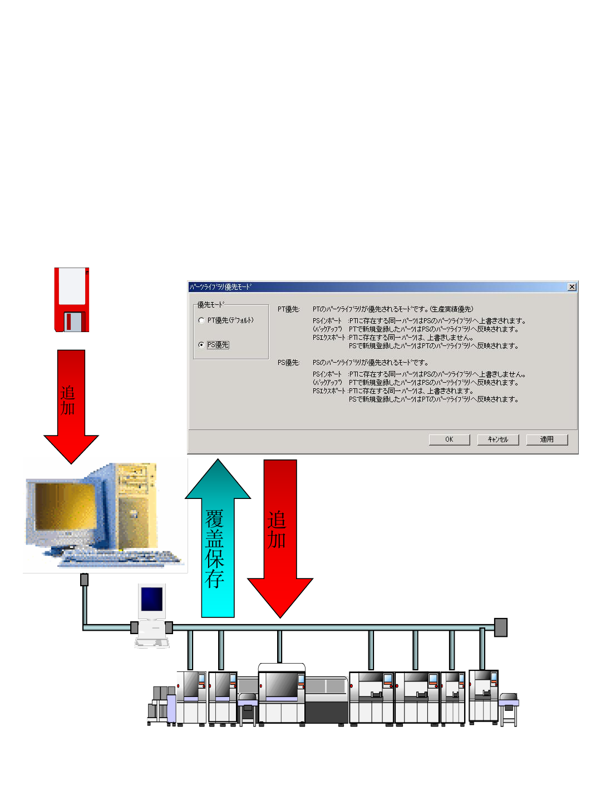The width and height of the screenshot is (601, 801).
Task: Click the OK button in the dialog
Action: pyautogui.click(x=449, y=439)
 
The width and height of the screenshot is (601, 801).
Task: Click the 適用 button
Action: pyautogui.click(x=546, y=439)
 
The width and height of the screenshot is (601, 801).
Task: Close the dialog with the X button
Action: pyautogui.click(x=572, y=287)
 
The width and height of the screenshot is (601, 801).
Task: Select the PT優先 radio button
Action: pyautogui.click(x=201, y=320)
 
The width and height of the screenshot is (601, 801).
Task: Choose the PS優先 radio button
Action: pyautogui.click(x=201, y=345)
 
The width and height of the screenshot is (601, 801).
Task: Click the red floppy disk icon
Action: pyautogui.click(x=72, y=300)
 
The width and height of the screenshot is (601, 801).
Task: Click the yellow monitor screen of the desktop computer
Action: pyautogui.click(x=64, y=506)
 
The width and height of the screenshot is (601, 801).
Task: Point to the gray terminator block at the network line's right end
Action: pyautogui.click(x=500, y=627)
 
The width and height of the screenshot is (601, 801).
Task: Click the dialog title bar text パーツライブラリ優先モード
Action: pyautogui.click(x=220, y=287)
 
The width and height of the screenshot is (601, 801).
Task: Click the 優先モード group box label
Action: pyautogui.click(x=210, y=305)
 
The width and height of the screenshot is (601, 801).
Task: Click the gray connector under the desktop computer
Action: pyautogui.click(x=84, y=580)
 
